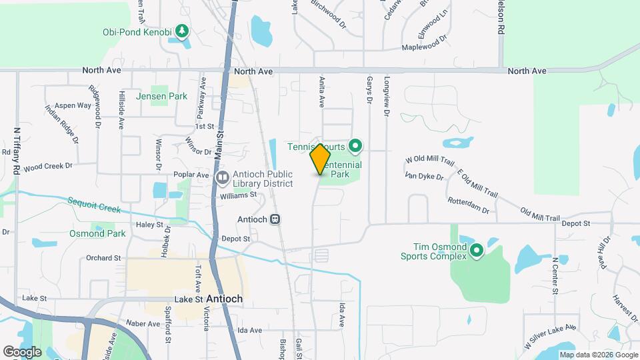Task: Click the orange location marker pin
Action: point(320,159)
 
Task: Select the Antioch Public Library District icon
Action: point(223,178)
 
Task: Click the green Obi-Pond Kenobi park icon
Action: point(181,31)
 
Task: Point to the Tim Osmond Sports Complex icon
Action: point(476,251)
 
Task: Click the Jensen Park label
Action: point(161,96)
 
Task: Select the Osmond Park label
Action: point(97,233)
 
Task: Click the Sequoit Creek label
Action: point(94,205)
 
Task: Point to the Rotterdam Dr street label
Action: point(468,205)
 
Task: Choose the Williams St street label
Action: point(239,195)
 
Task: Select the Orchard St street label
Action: point(103,257)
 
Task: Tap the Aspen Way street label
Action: point(73,105)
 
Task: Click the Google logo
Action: point(21,351)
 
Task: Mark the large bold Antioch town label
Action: point(224,299)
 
